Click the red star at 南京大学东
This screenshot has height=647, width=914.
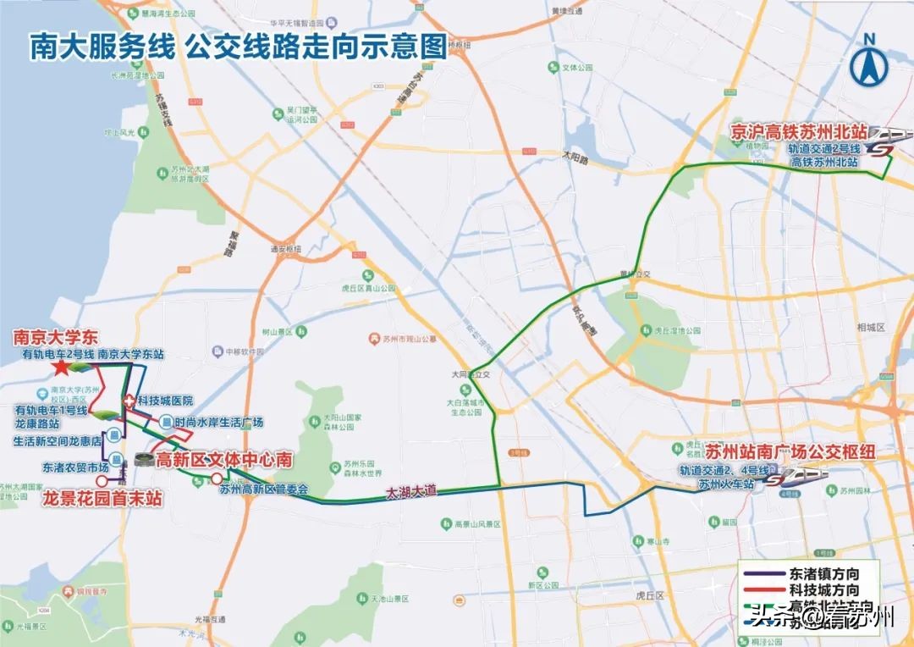(x=61, y=368)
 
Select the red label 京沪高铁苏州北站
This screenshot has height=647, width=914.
(x=801, y=131)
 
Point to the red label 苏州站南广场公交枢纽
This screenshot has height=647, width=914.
(x=779, y=451)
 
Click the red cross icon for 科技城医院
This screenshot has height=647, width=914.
(x=129, y=400)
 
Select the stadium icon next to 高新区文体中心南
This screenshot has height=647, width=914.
(x=145, y=461)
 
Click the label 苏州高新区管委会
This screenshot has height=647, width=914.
(x=263, y=489)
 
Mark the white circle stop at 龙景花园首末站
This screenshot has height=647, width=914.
(x=102, y=480)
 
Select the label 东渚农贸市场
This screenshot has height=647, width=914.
(x=75, y=467)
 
